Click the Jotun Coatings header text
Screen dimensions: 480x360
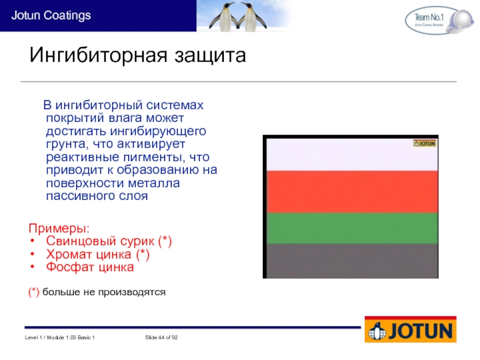pos(51,16)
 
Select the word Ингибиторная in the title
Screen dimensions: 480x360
pos(98,55)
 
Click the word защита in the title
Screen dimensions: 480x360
pos(211,56)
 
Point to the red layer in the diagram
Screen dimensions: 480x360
pos(352,191)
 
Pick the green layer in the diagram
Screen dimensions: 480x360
pos(352,229)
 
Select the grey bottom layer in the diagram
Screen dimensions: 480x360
pos(352,261)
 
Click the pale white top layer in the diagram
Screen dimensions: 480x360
pos(352,155)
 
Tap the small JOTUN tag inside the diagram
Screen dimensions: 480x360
pos(425,143)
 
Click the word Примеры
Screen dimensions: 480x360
pos(59,229)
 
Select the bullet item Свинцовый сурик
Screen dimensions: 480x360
pos(109,241)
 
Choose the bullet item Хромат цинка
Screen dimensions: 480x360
pos(98,254)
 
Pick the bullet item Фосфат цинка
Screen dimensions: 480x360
pos(89,267)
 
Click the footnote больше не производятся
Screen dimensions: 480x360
pos(104,292)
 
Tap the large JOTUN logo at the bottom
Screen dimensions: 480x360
pos(410,329)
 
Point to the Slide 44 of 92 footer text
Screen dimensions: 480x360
pos(161,337)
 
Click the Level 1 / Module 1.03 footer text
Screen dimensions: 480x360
pos(59,337)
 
